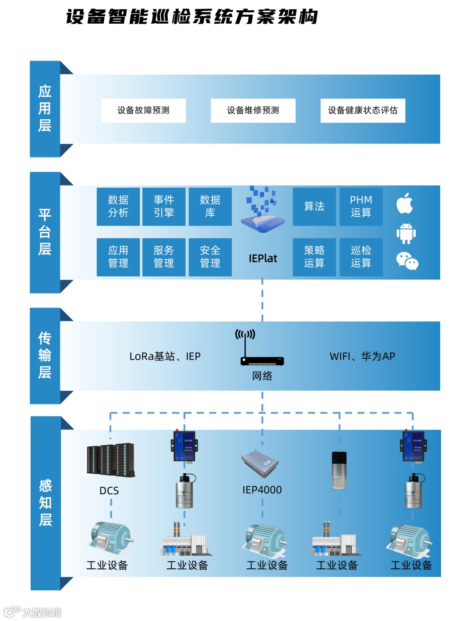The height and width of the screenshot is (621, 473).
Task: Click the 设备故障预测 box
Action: [x=143, y=111]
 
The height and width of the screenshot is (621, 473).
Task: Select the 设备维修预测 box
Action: [x=253, y=111]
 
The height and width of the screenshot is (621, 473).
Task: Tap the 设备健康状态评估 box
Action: [x=363, y=111]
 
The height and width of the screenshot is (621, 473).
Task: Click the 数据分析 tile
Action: [x=118, y=207]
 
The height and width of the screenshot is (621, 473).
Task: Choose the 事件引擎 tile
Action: [x=164, y=207]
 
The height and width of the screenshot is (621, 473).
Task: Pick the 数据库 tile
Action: [x=210, y=207]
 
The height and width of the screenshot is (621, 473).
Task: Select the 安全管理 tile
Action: [x=210, y=257]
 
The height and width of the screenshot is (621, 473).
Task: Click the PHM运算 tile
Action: [x=361, y=207]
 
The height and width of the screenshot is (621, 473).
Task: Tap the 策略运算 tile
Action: [x=314, y=257]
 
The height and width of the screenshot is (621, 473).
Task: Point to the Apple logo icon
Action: [x=405, y=203]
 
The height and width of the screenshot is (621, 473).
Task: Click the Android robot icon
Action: [x=406, y=233]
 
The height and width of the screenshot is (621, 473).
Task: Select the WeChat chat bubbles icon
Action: [x=407, y=261]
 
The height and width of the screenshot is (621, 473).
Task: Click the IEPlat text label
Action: [x=263, y=259]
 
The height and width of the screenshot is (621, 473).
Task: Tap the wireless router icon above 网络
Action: [x=262, y=349]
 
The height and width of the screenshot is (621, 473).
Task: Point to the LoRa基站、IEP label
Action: [x=165, y=357]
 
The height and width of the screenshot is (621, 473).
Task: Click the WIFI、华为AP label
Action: [x=362, y=357]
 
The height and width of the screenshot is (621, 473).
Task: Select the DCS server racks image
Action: [x=110, y=460]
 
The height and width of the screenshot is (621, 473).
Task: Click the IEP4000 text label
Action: [x=262, y=490]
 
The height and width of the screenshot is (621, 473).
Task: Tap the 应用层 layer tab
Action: [x=45, y=109]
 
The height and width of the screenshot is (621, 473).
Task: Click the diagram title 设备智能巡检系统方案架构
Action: [x=192, y=18]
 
